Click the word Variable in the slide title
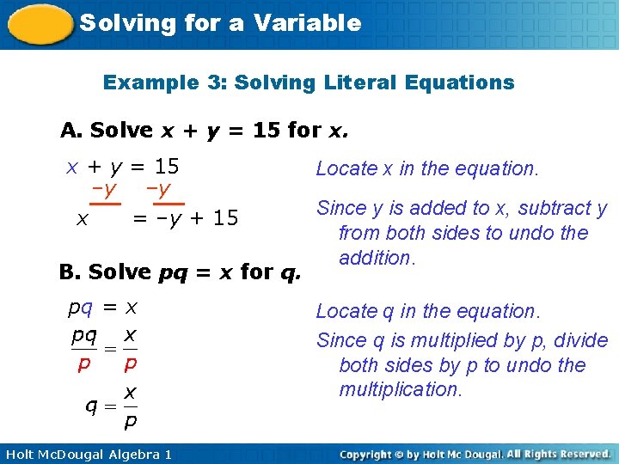pyautogui.click(x=308, y=23)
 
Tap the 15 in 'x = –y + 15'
pyautogui.click(x=225, y=218)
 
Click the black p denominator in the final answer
pyautogui.click(x=130, y=423)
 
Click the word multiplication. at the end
pyautogui.click(x=401, y=390)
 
